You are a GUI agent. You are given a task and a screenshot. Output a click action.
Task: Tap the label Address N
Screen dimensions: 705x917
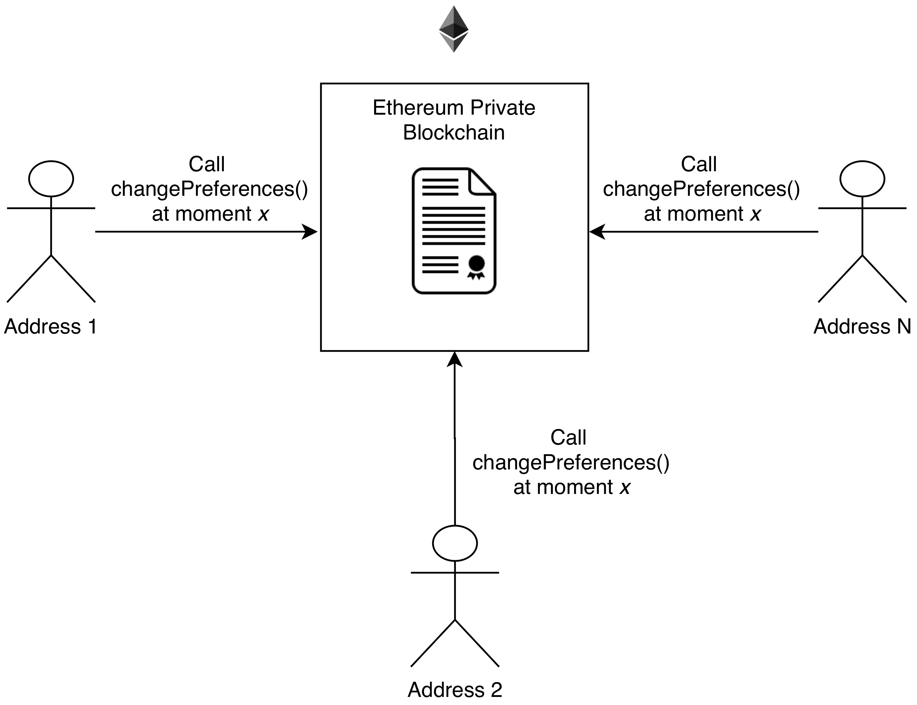point(862,327)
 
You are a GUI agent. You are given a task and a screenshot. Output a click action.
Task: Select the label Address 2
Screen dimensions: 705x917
point(455,689)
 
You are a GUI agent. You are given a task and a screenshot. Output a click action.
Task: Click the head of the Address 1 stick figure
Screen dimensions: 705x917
point(51,178)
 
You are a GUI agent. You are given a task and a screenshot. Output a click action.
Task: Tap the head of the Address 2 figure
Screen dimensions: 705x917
point(455,543)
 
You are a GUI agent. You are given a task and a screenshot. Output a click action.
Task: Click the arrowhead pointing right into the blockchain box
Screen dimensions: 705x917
point(310,232)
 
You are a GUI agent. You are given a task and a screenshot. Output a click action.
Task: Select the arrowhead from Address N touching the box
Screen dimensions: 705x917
point(597,232)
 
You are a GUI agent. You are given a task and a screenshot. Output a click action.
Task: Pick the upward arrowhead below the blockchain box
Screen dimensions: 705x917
point(454,360)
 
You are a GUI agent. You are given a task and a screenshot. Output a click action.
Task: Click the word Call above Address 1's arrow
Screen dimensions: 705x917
point(207,164)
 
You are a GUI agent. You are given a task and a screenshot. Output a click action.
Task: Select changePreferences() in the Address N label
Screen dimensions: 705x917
point(701,189)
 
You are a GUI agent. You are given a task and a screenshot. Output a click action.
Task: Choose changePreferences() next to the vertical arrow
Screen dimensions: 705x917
point(570,463)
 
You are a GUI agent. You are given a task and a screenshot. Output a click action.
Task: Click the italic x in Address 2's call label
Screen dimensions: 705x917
point(625,487)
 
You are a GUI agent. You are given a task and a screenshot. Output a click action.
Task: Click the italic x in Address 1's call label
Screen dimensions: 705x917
point(263,214)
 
